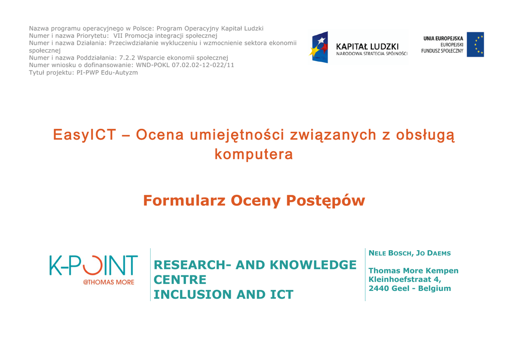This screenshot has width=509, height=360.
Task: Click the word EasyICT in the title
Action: point(85,135)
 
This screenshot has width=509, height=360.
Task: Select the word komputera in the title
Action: point(254,154)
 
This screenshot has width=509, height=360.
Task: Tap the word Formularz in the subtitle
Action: point(184,200)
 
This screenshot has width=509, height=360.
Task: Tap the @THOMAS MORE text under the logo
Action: point(108,282)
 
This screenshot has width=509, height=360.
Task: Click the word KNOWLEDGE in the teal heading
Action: point(313,265)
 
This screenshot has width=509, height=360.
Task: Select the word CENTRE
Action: point(180,279)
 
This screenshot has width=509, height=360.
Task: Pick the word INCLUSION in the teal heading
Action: point(193,294)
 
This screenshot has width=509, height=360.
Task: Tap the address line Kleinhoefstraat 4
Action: point(405,279)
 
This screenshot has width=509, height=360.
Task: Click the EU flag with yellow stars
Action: point(475,44)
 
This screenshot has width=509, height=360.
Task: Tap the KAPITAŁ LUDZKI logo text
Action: point(367,47)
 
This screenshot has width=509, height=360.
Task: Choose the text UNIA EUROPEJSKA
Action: point(443,38)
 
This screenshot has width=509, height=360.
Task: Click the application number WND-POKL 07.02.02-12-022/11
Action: point(185,65)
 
